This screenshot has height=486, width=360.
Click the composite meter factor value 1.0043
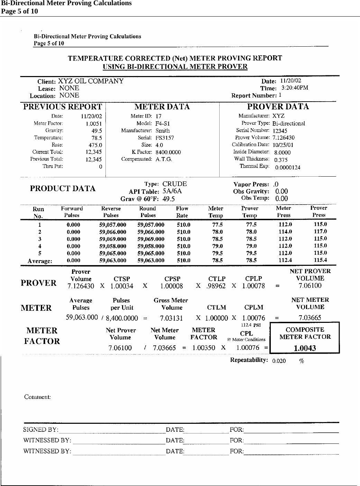point(305,348)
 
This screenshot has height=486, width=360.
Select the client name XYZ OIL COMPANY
point(91,81)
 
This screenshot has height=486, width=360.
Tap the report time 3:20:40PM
point(294,88)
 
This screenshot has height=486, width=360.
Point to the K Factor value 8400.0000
point(168,152)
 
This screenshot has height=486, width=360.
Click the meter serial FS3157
point(165,138)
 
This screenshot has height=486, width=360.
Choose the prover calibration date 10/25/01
point(283,145)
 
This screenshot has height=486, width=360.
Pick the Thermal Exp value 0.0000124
point(288,168)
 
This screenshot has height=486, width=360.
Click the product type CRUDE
point(174,184)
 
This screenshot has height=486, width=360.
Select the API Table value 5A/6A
point(172,191)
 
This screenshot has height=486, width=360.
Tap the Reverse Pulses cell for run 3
point(112,239)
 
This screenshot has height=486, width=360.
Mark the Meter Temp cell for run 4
point(217,246)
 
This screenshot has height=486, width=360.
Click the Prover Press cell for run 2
point(320,231)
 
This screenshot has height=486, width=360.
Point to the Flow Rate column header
point(182,212)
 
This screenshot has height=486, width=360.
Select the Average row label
point(40,261)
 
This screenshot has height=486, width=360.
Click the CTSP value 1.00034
point(122,286)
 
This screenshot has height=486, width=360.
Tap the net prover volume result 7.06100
point(310,286)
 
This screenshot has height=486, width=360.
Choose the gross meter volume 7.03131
point(171,318)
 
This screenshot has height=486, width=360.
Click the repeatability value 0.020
point(279,361)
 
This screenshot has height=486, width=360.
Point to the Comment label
point(37,397)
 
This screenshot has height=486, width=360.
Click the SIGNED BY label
point(40,430)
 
